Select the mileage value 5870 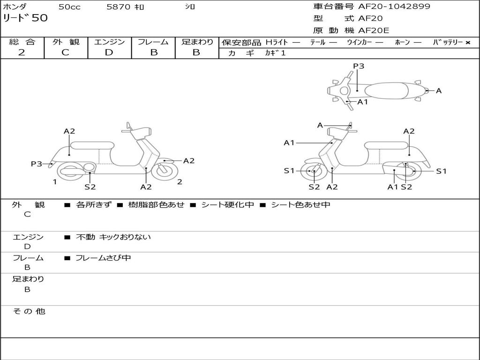(x=118, y=7)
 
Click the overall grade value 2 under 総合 (x=22, y=52)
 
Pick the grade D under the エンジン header (x=109, y=52)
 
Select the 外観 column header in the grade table (x=66, y=42)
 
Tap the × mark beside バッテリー (x=467, y=43)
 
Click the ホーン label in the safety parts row (x=402, y=43)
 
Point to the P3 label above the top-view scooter (x=359, y=66)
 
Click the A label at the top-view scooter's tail (x=439, y=91)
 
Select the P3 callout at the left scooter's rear (x=37, y=164)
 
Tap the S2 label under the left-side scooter (x=90, y=187)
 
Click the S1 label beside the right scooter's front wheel (x=289, y=171)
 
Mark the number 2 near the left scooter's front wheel (x=180, y=182)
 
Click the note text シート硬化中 (x=227, y=205)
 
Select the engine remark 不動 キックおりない (x=113, y=237)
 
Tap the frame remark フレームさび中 (x=103, y=258)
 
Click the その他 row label (x=29, y=311)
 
